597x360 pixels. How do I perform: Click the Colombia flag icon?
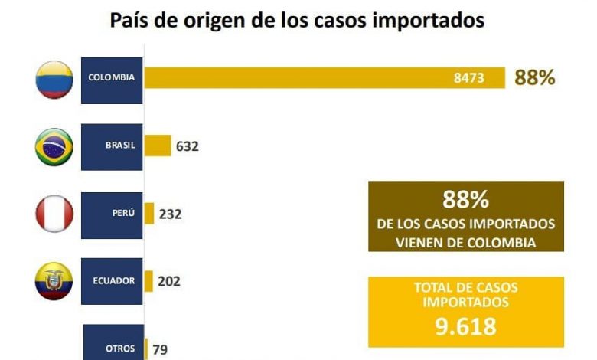pyautogui.click(x=54, y=77)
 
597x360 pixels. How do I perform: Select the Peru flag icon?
pyautogui.click(x=54, y=214)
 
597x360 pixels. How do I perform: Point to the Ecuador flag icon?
pyautogui.click(x=54, y=280)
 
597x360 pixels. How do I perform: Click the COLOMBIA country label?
pyautogui.click(x=111, y=77)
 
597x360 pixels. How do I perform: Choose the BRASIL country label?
pyautogui.click(x=120, y=146)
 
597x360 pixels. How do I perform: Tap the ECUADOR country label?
pyautogui.click(x=114, y=280)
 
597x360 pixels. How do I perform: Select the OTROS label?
pyautogui.click(x=120, y=349)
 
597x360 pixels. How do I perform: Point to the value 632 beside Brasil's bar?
pyautogui.click(x=187, y=146)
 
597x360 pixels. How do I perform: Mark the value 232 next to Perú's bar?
pyautogui.click(x=170, y=214)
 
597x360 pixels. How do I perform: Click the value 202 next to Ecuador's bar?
pyautogui.click(x=169, y=281)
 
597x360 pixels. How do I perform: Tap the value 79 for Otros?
pyautogui.click(x=161, y=349)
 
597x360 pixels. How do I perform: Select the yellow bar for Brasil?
pyautogui.click(x=158, y=146)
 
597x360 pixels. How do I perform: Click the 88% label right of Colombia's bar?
pyautogui.click(x=534, y=78)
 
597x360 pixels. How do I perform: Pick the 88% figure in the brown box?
pyautogui.click(x=465, y=200)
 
